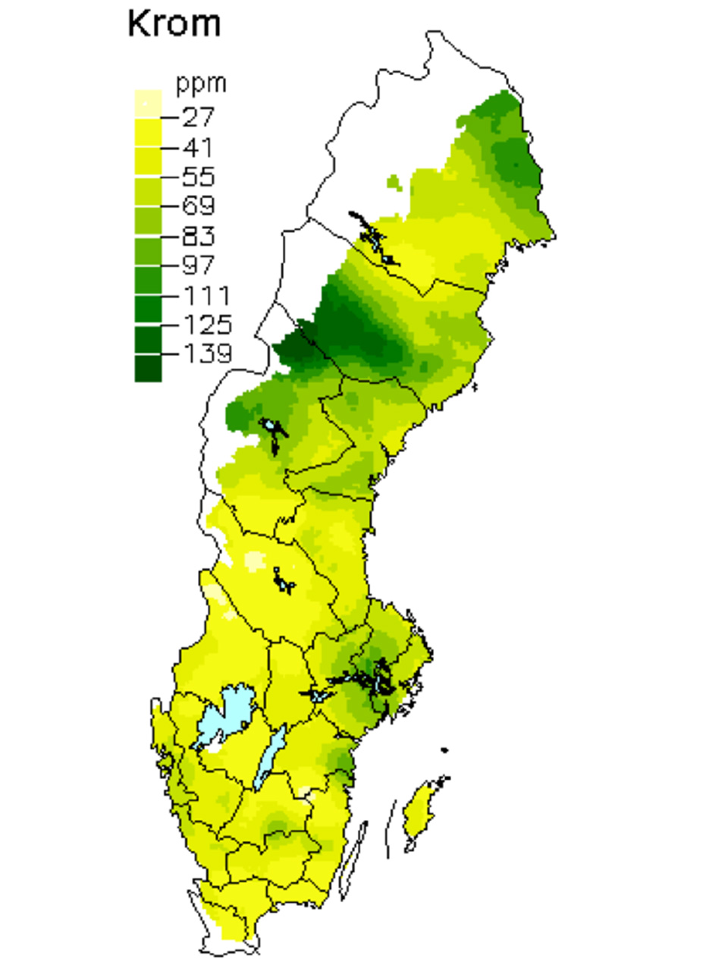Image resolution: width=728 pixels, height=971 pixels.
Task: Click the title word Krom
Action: (174, 24)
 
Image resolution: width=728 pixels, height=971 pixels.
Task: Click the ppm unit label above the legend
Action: (201, 83)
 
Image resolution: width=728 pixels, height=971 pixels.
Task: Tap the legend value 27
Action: (199, 117)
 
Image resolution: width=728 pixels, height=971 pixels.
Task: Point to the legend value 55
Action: (199, 176)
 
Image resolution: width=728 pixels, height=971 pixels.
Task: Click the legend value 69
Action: (199, 206)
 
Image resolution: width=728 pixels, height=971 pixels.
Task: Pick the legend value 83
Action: (199, 235)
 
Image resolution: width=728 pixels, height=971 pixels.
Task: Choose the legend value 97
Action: (199, 265)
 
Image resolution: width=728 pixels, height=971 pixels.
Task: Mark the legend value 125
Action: (207, 324)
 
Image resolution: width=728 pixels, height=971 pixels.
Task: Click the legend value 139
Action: (207, 354)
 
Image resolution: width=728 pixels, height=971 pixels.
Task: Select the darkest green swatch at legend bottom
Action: (148, 369)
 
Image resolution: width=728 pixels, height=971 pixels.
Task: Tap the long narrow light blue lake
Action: (270, 755)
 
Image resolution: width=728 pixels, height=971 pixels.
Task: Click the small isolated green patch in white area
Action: (393, 182)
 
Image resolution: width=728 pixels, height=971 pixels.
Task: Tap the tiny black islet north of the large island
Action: (444, 750)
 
